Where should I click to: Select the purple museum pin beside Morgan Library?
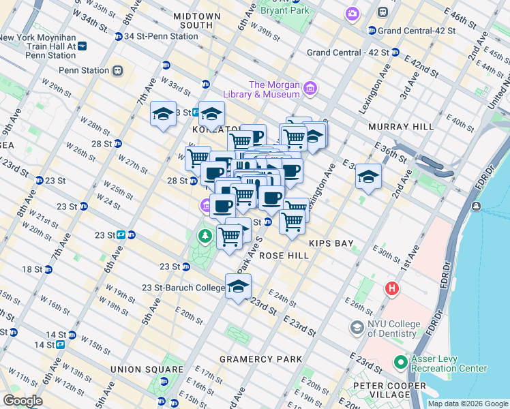(x=311, y=87)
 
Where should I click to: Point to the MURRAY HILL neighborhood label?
(x=401, y=127)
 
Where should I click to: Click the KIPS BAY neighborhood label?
(x=329, y=243)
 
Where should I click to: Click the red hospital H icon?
(x=392, y=288)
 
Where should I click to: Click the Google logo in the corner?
(x=22, y=401)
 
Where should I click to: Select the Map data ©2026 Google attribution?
(x=467, y=404)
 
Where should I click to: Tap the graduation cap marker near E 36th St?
(x=368, y=177)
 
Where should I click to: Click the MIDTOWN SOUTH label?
(x=197, y=20)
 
